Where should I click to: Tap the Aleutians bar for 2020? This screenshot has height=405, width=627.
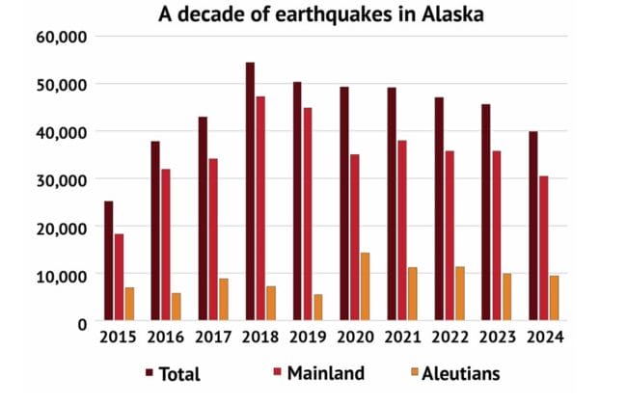[366, 286]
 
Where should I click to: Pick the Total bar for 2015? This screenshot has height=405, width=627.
[108, 260]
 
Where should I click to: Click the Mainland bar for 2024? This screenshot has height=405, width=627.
[544, 248]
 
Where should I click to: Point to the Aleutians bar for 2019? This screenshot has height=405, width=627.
[318, 308]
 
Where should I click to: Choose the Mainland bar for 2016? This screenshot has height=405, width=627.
[166, 245]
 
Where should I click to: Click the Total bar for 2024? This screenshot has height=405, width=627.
[533, 226]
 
